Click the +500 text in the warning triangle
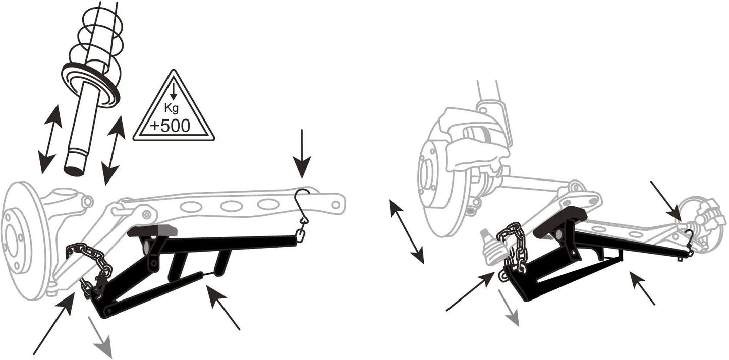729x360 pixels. (170, 126)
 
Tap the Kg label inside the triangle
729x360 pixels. (171, 107)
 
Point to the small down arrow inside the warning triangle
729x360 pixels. (174, 91)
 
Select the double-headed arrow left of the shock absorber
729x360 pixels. (50, 139)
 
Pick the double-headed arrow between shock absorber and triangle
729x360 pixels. (114, 151)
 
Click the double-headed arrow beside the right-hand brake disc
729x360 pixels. (407, 232)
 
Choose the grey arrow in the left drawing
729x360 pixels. (100, 337)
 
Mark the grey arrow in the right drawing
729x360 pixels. (509, 307)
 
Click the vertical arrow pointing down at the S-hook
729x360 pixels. (302, 154)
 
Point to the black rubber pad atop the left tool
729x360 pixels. (152, 230)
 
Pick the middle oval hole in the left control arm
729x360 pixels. (231, 206)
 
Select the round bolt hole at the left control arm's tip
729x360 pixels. (335, 204)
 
